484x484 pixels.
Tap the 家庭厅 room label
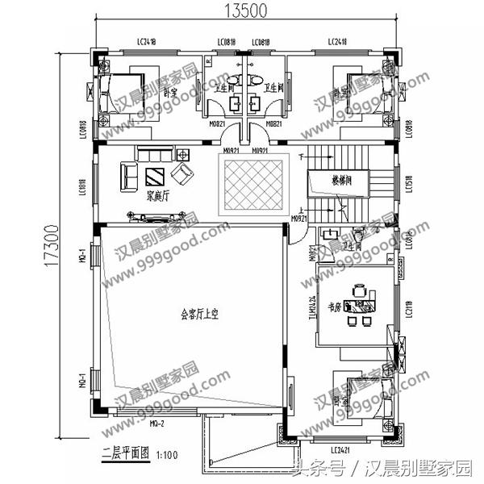pyautogui.click(x=156, y=194)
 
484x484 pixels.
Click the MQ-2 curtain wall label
pyautogui.click(x=156, y=423)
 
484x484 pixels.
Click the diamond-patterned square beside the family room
pyautogui.click(x=254, y=186)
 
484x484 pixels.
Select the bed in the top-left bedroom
pyautogui.click(x=119, y=93)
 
